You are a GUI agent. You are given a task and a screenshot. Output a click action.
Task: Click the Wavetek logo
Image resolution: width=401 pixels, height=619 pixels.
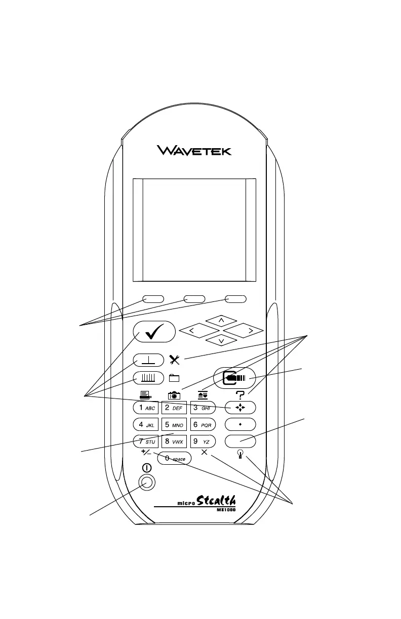point(194,150)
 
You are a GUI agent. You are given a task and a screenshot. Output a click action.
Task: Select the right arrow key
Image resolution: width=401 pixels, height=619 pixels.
point(244,331)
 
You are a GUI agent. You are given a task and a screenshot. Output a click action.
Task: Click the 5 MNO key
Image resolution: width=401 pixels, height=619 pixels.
point(174,424)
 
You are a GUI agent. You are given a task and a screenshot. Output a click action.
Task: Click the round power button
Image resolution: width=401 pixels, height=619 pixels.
point(147,482)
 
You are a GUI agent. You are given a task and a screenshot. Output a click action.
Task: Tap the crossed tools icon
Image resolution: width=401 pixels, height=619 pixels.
point(174,360)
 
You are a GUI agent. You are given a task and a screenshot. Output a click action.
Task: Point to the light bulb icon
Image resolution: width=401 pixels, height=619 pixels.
point(240,454)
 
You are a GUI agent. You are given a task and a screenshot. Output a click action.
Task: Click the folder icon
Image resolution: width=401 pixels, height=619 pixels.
point(174,377)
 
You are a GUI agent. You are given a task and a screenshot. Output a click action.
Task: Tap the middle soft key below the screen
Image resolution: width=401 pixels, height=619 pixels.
point(194,299)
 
